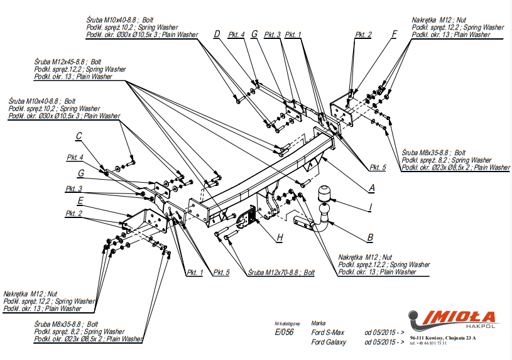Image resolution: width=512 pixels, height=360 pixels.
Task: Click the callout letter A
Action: click(x=372, y=187)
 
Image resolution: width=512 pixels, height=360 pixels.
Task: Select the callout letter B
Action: click(x=370, y=237)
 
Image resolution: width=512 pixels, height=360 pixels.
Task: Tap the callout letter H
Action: click(x=280, y=237)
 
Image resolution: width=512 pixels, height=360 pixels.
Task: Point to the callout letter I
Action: click(x=371, y=206)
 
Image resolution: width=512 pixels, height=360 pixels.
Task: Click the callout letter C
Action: click(x=79, y=136)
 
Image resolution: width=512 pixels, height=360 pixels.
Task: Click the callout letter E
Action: click(x=80, y=201)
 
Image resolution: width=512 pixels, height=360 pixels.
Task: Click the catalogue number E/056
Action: click(x=284, y=331)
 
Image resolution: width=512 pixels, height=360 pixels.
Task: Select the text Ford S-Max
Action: click(x=328, y=331)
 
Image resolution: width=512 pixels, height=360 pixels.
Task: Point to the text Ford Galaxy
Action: click(x=328, y=342)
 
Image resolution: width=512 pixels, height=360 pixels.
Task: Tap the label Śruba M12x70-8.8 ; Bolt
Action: click(x=281, y=273)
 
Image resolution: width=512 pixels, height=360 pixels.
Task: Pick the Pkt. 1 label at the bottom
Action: click(x=194, y=272)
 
